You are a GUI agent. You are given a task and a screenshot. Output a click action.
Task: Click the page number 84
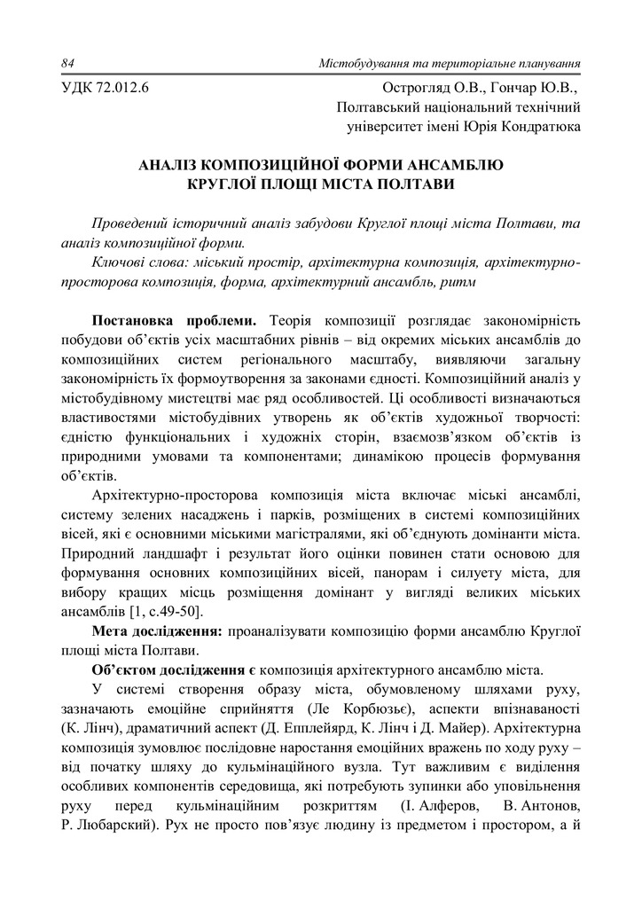(x=68, y=64)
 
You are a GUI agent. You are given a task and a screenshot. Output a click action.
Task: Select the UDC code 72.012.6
(x=121, y=87)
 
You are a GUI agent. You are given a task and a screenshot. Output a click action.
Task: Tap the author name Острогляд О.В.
(x=428, y=87)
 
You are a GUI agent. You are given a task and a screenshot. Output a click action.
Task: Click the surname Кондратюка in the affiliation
(x=538, y=126)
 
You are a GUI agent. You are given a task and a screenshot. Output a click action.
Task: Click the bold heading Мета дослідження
(x=158, y=631)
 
